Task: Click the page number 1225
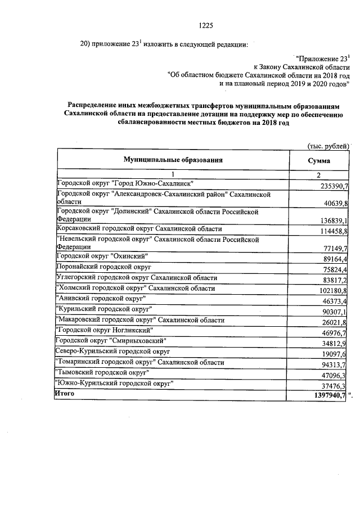pyautogui.click(x=207, y=25)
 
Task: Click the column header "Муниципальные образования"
pyautogui.click(x=173, y=160)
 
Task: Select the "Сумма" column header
pyautogui.click(x=318, y=160)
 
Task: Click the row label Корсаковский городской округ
pyautogui.click(x=139, y=229)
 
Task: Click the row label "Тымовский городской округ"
pyautogui.click(x=102, y=373)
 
